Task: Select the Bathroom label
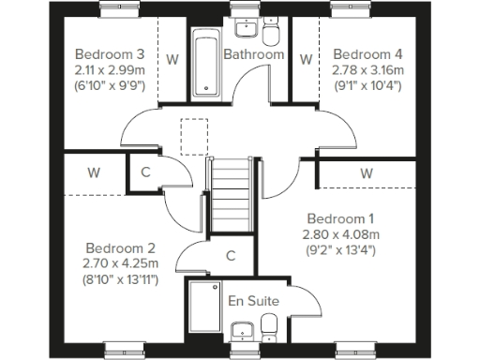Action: [x=253, y=54]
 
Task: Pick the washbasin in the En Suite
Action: [x=241, y=330]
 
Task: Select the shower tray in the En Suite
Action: [x=203, y=310]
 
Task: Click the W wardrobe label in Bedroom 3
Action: [x=172, y=58]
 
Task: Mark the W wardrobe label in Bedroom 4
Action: [x=306, y=58]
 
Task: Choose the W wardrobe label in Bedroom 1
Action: [x=366, y=173]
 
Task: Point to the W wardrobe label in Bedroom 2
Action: [x=95, y=172]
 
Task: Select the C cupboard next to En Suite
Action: [x=231, y=255]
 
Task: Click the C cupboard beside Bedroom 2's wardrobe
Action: [x=145, y=172]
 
